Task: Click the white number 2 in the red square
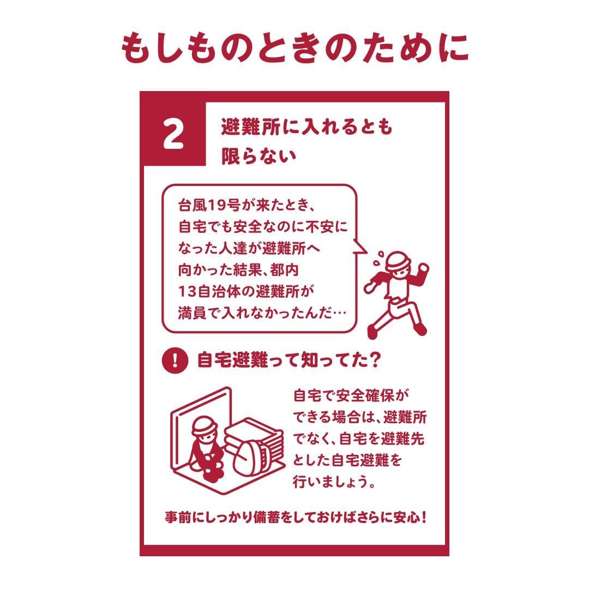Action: coord(173,134)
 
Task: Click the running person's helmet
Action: coord(397,261)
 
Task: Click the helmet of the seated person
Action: coord(205,425)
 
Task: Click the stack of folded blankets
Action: coord(255,436)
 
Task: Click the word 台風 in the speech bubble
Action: coord(193,205)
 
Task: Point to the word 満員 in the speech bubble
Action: coord(192,313)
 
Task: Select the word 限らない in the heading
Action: coord(259,157)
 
